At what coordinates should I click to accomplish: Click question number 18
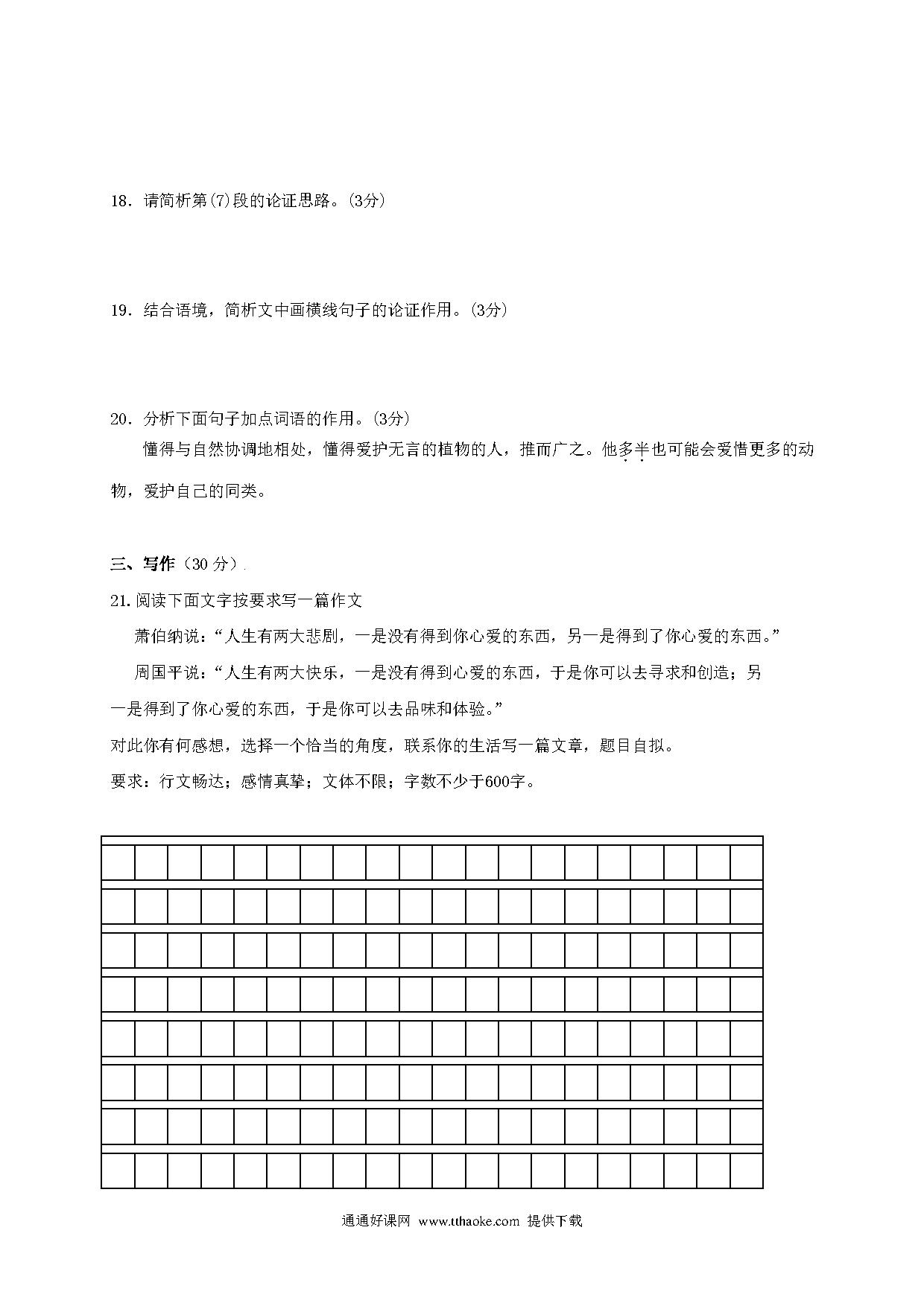tap(121, 201)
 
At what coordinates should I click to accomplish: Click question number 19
tap(121, 310)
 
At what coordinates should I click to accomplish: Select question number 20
tap(121, 419)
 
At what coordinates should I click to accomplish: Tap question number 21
tap(121, 600)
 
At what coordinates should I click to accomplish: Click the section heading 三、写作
tap(142, 564)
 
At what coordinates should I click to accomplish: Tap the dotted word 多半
tap(633, 450)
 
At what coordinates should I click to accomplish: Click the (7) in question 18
tap(221, 201)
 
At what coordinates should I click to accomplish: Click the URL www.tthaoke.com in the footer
tap(469, 1221)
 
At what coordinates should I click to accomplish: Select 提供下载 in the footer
tap(554, 1221)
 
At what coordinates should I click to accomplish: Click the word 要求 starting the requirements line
tap(127, 782)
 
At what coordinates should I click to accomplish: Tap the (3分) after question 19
tap(489, 310)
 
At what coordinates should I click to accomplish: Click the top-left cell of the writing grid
tap(118, 862)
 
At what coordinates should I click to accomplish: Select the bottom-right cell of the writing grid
tap(746, 1170)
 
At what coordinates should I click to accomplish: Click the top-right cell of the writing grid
tap(746, 862)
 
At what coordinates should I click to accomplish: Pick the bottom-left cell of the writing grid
tap(118, 1170)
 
